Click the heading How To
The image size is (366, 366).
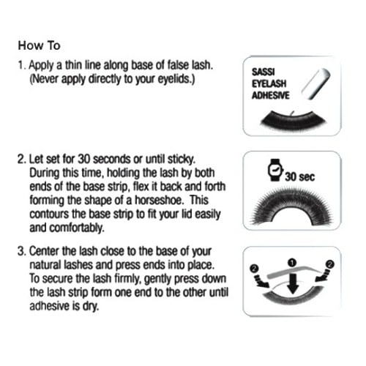39,45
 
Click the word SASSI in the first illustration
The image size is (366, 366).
264,72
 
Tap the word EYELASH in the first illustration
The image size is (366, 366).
269,83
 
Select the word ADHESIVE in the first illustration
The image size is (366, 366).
271,95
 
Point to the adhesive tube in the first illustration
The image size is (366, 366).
315,83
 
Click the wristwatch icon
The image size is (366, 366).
275,170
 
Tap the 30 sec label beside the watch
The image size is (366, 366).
300,176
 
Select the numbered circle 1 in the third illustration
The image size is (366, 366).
292,263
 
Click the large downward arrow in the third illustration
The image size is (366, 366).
293,284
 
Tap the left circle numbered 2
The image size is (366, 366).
254,269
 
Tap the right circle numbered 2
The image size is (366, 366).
330,264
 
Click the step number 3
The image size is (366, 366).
21,251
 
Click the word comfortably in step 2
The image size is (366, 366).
77,228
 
